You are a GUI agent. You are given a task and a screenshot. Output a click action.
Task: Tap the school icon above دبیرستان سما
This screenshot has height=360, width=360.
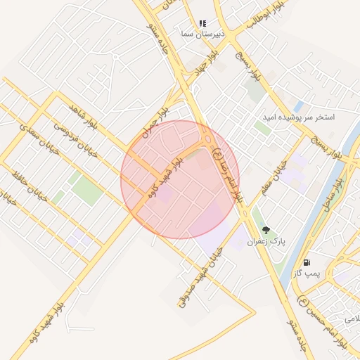[202, 24]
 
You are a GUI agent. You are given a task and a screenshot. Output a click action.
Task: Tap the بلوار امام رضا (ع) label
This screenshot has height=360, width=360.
[229, 174]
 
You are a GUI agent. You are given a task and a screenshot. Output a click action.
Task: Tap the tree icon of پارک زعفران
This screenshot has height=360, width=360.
[266, 230]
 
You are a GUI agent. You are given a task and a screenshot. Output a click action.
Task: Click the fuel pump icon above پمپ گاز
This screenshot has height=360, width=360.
[307, 262]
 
